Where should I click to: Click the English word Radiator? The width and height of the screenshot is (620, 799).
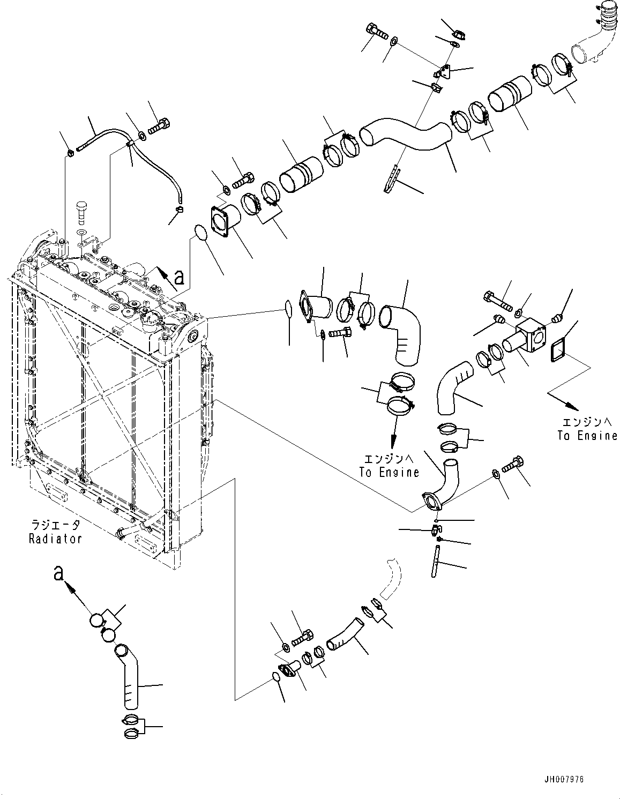click(55, 539)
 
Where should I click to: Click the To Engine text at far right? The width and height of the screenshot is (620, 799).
click(587, 436)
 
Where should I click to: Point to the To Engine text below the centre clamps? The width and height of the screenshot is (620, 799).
click(389, 472)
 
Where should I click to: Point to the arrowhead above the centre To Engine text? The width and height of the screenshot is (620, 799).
click(393, 444)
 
